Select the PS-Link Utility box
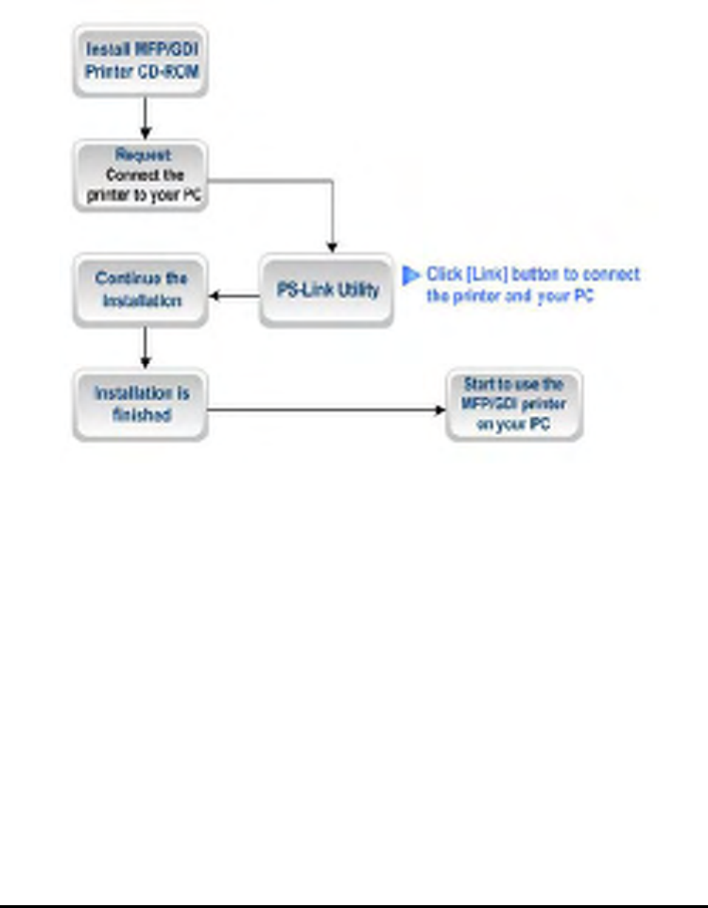click(326, 290)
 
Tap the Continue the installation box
click(140, 289)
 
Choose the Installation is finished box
click(140, 404)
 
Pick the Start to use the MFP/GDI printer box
click(513, 405)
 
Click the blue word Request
click(143, 155)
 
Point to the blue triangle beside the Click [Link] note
click(410, 275)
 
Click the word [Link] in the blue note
click(486, 274)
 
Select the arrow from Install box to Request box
click(145, 117)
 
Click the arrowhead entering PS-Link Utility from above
click(332, 247)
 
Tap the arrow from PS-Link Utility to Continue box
click(233, 296)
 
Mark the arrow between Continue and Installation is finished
click(145, 347)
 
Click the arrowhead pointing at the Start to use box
click(440, 410)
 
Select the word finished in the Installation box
click(141, 415)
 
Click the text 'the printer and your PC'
click(509, 296)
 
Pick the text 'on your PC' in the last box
click(513, 425)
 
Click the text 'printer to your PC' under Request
click(145, 196)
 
